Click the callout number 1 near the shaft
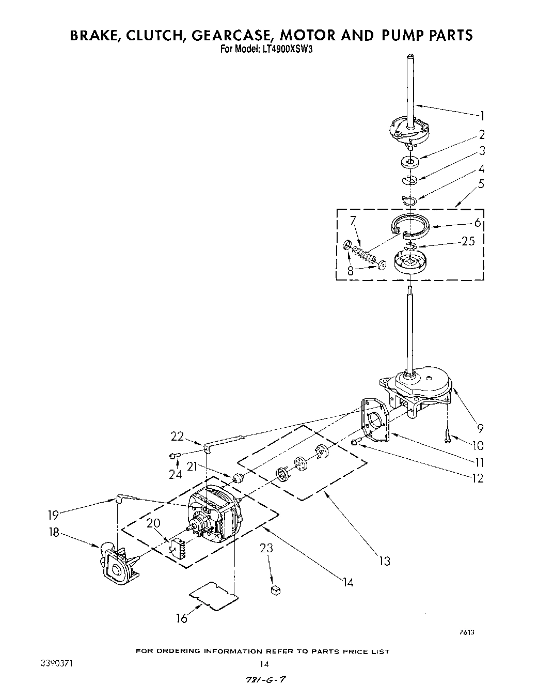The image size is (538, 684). (x=482, y=115)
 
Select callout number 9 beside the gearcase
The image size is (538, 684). (x=480, y=428)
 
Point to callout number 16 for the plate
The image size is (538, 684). (x=182, y=618)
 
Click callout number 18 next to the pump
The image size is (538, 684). (x=54, y=533)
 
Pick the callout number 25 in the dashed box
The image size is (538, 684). (x=468, y=241)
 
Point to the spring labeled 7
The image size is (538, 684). (x=363, y=254)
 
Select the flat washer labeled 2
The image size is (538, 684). (x=411, y=162)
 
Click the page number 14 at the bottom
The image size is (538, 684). (x=264, y=664)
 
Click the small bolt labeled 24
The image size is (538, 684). (x=174, y=455)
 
